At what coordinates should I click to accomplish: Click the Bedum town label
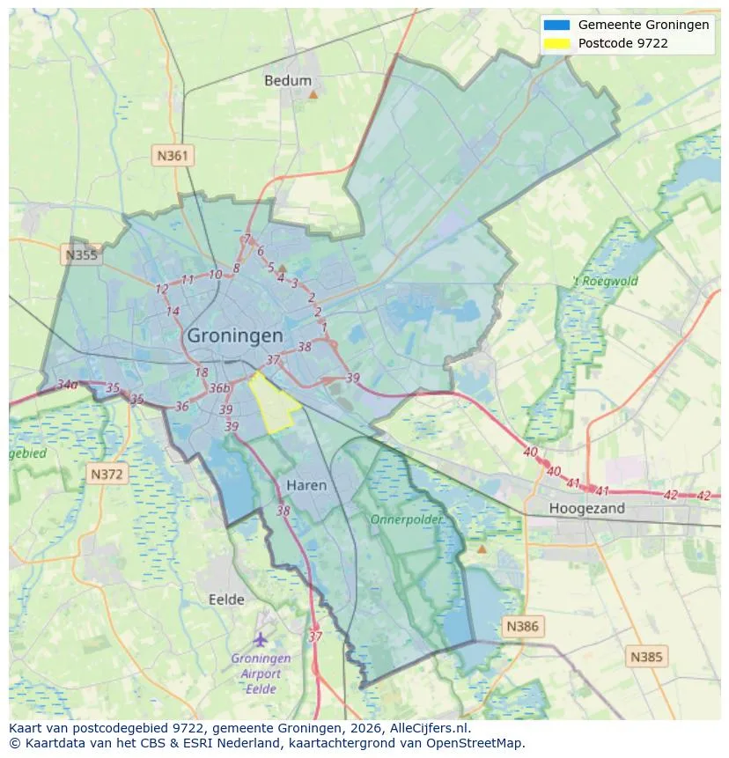coord(288,80)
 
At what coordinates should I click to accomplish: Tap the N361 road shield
coord(172,156)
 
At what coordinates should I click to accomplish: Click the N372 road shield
coord(108,475)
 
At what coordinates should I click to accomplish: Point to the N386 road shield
coord(522,627)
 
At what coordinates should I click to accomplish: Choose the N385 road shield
coord(647,656)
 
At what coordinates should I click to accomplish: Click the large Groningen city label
coord(235,335)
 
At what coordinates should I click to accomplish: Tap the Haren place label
coord(306,485)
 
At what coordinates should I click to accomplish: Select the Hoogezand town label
coord(586,508)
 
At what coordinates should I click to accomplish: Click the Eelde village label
coord(226,600)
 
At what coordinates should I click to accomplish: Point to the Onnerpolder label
coord(406,519)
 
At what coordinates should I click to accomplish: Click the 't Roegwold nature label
coord(606,282)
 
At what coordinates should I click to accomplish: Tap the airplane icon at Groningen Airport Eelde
coord(260,638)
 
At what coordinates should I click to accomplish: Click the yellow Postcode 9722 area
coord(273,404)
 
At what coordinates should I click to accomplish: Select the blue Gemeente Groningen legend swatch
coord(557,25)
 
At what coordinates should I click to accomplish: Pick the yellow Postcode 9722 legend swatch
coord(557,42)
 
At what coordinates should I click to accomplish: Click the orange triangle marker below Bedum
coord(313,93)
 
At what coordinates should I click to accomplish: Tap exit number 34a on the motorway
coord(67,385)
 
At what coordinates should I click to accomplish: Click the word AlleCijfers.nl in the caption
coord(428,728)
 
